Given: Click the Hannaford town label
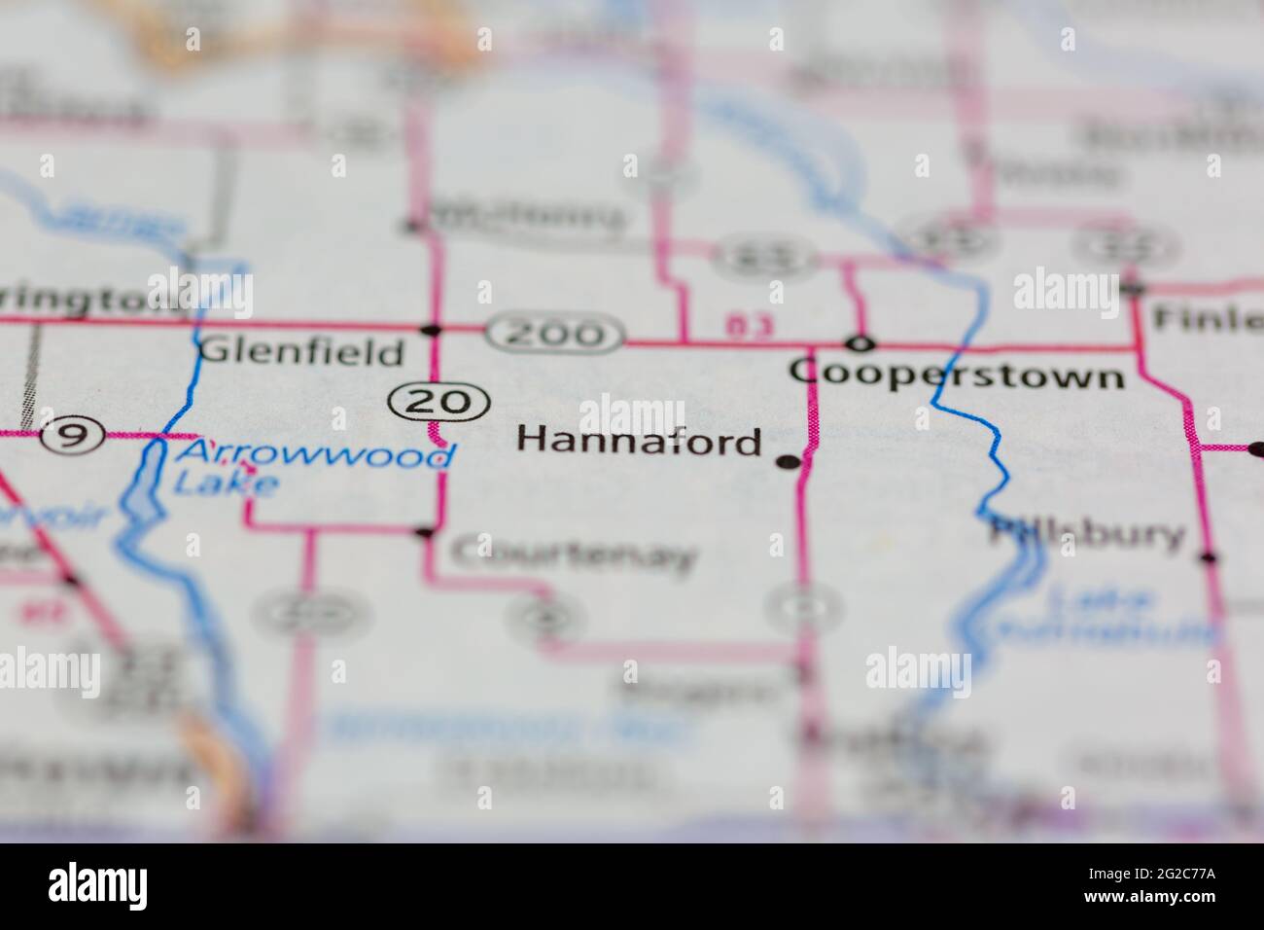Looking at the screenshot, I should pyautogui.click(x=639, y=441).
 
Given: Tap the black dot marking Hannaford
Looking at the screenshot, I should pyautogui.click(x=789, y=461).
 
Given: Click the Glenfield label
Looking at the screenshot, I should pyautogui.click(x=300, y=351).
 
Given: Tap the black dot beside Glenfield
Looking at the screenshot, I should pyautogui.click(x=434, y=329).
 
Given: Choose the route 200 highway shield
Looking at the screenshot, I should pyautogui.click(x=556, y=334).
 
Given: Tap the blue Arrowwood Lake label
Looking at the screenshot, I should pyautogui.click(x=311, y=466).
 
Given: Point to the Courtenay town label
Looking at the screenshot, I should pyautogui.click(x=574, y=554).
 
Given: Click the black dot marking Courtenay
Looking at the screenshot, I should pyautogui.click(x=424, y=532).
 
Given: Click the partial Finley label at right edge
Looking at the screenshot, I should pyautogui.click(x=1206, y=317).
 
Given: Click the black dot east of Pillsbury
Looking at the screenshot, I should pyautogui.click(x=1208, y=557).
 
